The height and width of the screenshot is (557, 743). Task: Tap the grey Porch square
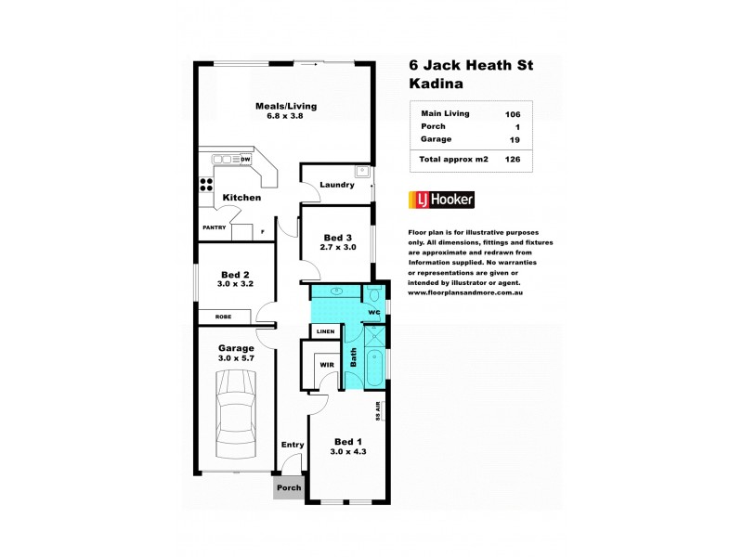289,488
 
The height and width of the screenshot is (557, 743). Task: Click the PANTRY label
214,227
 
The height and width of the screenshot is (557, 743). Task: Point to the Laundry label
336,185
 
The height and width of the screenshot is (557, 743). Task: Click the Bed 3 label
335,237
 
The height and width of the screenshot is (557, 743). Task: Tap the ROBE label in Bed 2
223,317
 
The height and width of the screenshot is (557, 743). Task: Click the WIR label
326,365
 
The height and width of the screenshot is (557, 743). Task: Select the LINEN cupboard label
325,331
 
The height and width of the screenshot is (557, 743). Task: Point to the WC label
374,312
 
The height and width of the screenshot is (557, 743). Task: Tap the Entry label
293,445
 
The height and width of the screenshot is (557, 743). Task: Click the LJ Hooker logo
441,200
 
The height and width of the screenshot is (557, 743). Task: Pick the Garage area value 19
514,139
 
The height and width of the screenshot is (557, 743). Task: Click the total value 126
513,160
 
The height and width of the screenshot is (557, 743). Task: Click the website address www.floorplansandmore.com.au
468,292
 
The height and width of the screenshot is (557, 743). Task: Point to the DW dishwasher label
245,160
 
